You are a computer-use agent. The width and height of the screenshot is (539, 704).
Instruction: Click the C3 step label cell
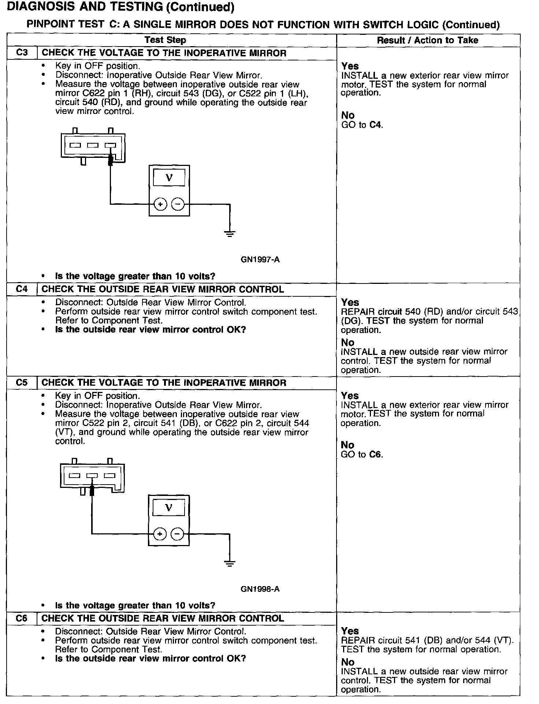coord(22,53)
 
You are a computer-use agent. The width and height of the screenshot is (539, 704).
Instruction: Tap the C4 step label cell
coord(22,289)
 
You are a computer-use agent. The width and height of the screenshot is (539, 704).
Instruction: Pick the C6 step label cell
coord(22,618)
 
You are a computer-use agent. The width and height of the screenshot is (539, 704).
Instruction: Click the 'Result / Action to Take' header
coord(427,40)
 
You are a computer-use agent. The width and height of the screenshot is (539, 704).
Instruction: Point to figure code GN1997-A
coord(260,260)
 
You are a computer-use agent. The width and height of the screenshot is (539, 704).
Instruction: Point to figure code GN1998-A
coord(260,589)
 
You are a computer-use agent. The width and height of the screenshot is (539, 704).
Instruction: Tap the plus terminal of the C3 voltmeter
coord(160,204)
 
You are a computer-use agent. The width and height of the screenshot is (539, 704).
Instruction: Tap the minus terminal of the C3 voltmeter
coord(178,204)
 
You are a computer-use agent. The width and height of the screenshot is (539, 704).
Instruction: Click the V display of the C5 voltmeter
coord(168,508)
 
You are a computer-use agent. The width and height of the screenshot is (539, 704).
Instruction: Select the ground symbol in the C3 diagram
coord(230,233)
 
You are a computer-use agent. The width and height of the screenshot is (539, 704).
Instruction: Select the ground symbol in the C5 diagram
coord(230,563)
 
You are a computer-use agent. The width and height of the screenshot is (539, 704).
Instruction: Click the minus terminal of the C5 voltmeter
coord(177,534)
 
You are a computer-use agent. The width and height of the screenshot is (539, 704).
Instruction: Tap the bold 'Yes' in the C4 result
coord(350,302)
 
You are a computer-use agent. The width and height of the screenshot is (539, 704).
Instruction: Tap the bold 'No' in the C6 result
coord(348,662)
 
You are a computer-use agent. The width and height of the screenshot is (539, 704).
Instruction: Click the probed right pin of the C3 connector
coord(111,145)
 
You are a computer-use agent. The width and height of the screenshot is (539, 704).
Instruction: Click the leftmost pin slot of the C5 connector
coord(74,476)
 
